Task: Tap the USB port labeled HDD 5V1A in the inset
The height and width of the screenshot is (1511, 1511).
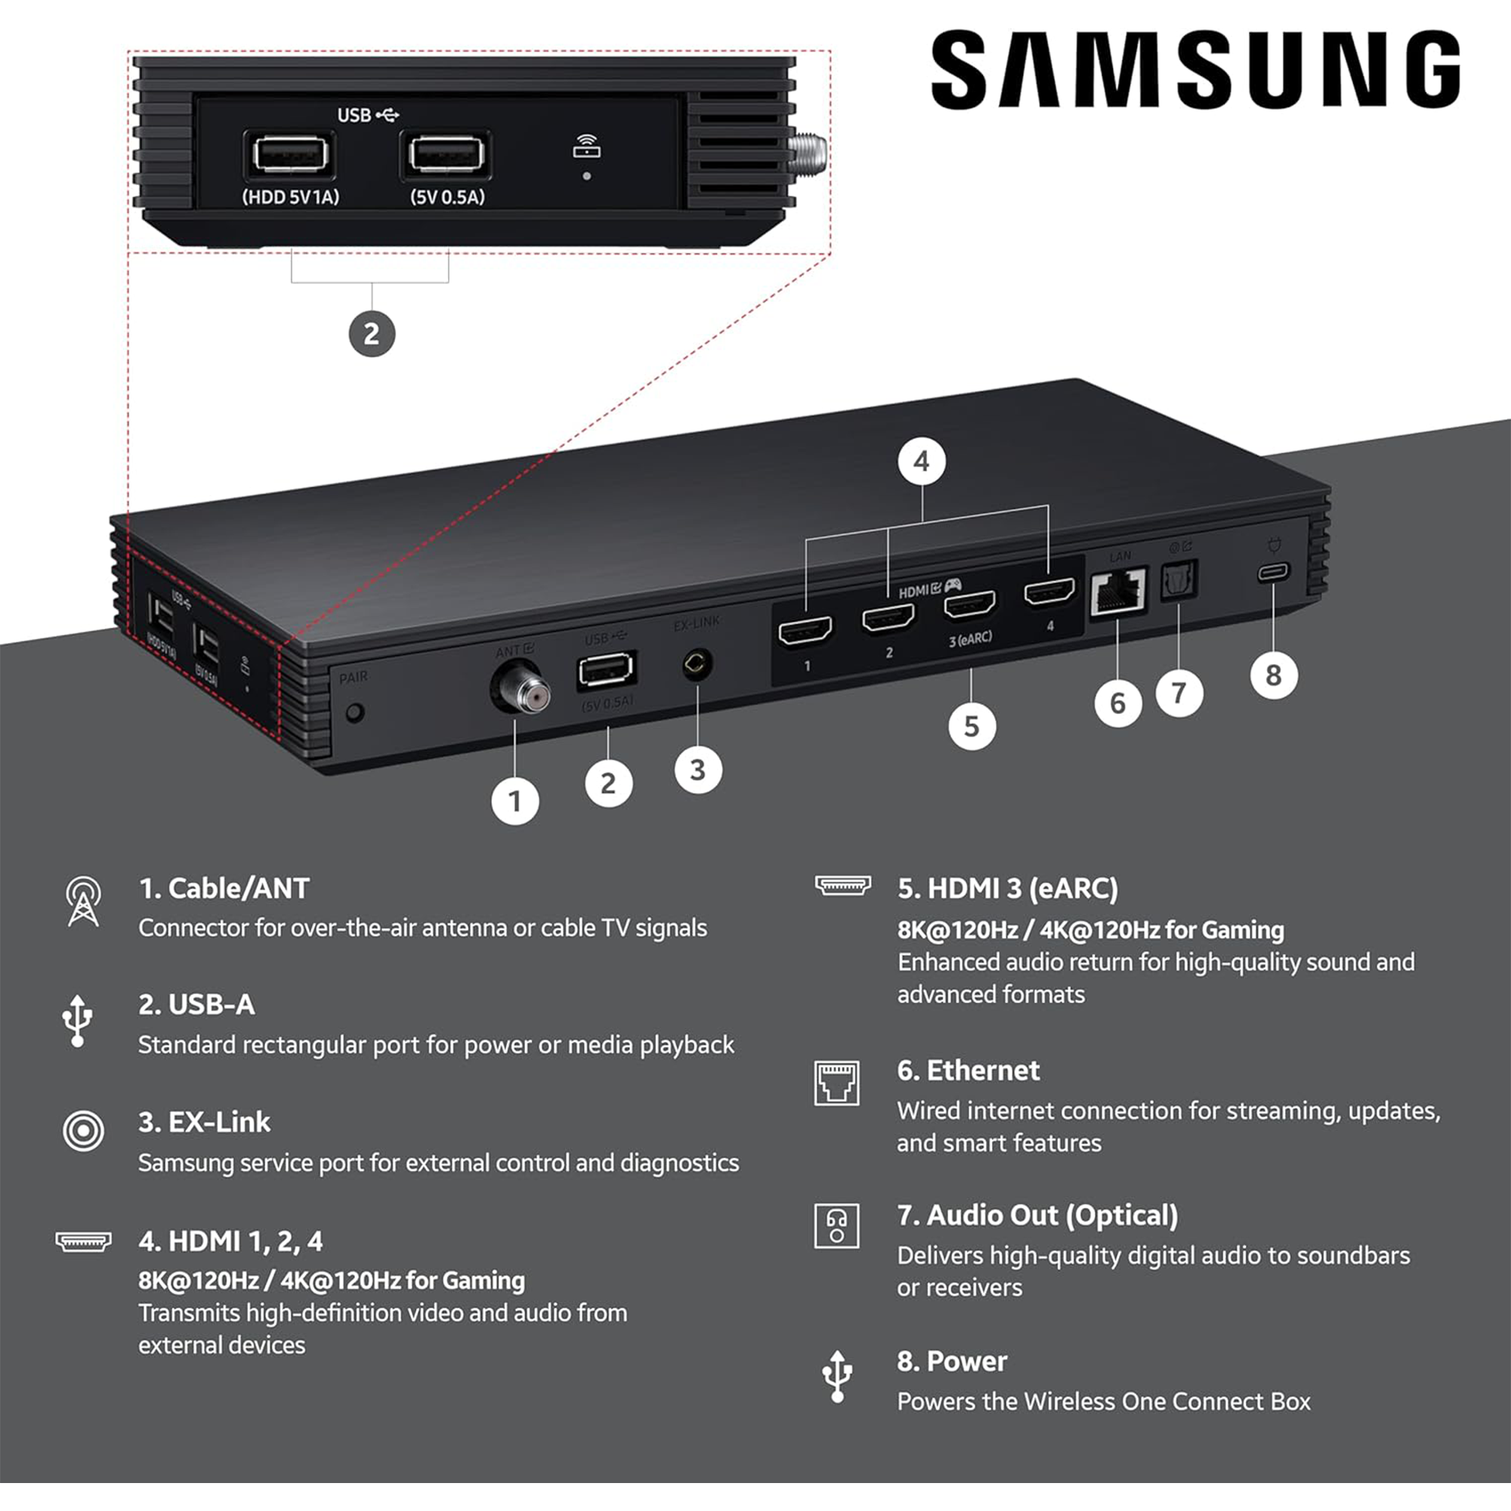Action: point(290,155)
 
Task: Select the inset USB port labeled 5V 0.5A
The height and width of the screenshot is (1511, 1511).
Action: point(446,155)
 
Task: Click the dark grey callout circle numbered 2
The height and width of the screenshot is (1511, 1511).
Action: point(372,334)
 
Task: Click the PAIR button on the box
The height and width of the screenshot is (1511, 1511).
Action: point(355,712)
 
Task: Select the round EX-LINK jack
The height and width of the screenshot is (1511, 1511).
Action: point(696,665)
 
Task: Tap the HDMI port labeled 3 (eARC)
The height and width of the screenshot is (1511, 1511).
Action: point(970,605)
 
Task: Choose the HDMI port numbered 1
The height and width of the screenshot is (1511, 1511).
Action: point(805,630)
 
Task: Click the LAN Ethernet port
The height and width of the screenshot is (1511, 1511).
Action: point(1118,592)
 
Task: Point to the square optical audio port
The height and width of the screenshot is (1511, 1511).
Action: point(1179,580)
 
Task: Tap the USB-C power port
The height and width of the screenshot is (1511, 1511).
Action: point(1273,573)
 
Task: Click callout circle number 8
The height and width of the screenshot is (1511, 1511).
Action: point(1273,675)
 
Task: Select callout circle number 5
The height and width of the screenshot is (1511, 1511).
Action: point(972,726)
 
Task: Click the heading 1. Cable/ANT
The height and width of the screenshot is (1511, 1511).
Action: point(224,888)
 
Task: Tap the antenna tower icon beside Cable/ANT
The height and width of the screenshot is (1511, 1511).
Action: point(83,902)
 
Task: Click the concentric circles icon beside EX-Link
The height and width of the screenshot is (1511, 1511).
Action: point(83,1131)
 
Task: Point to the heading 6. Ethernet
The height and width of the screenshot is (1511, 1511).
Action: point(969,1071)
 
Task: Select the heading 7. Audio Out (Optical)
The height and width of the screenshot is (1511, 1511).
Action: point(1037,1216)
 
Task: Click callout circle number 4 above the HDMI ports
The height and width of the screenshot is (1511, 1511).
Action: point(921,462)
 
